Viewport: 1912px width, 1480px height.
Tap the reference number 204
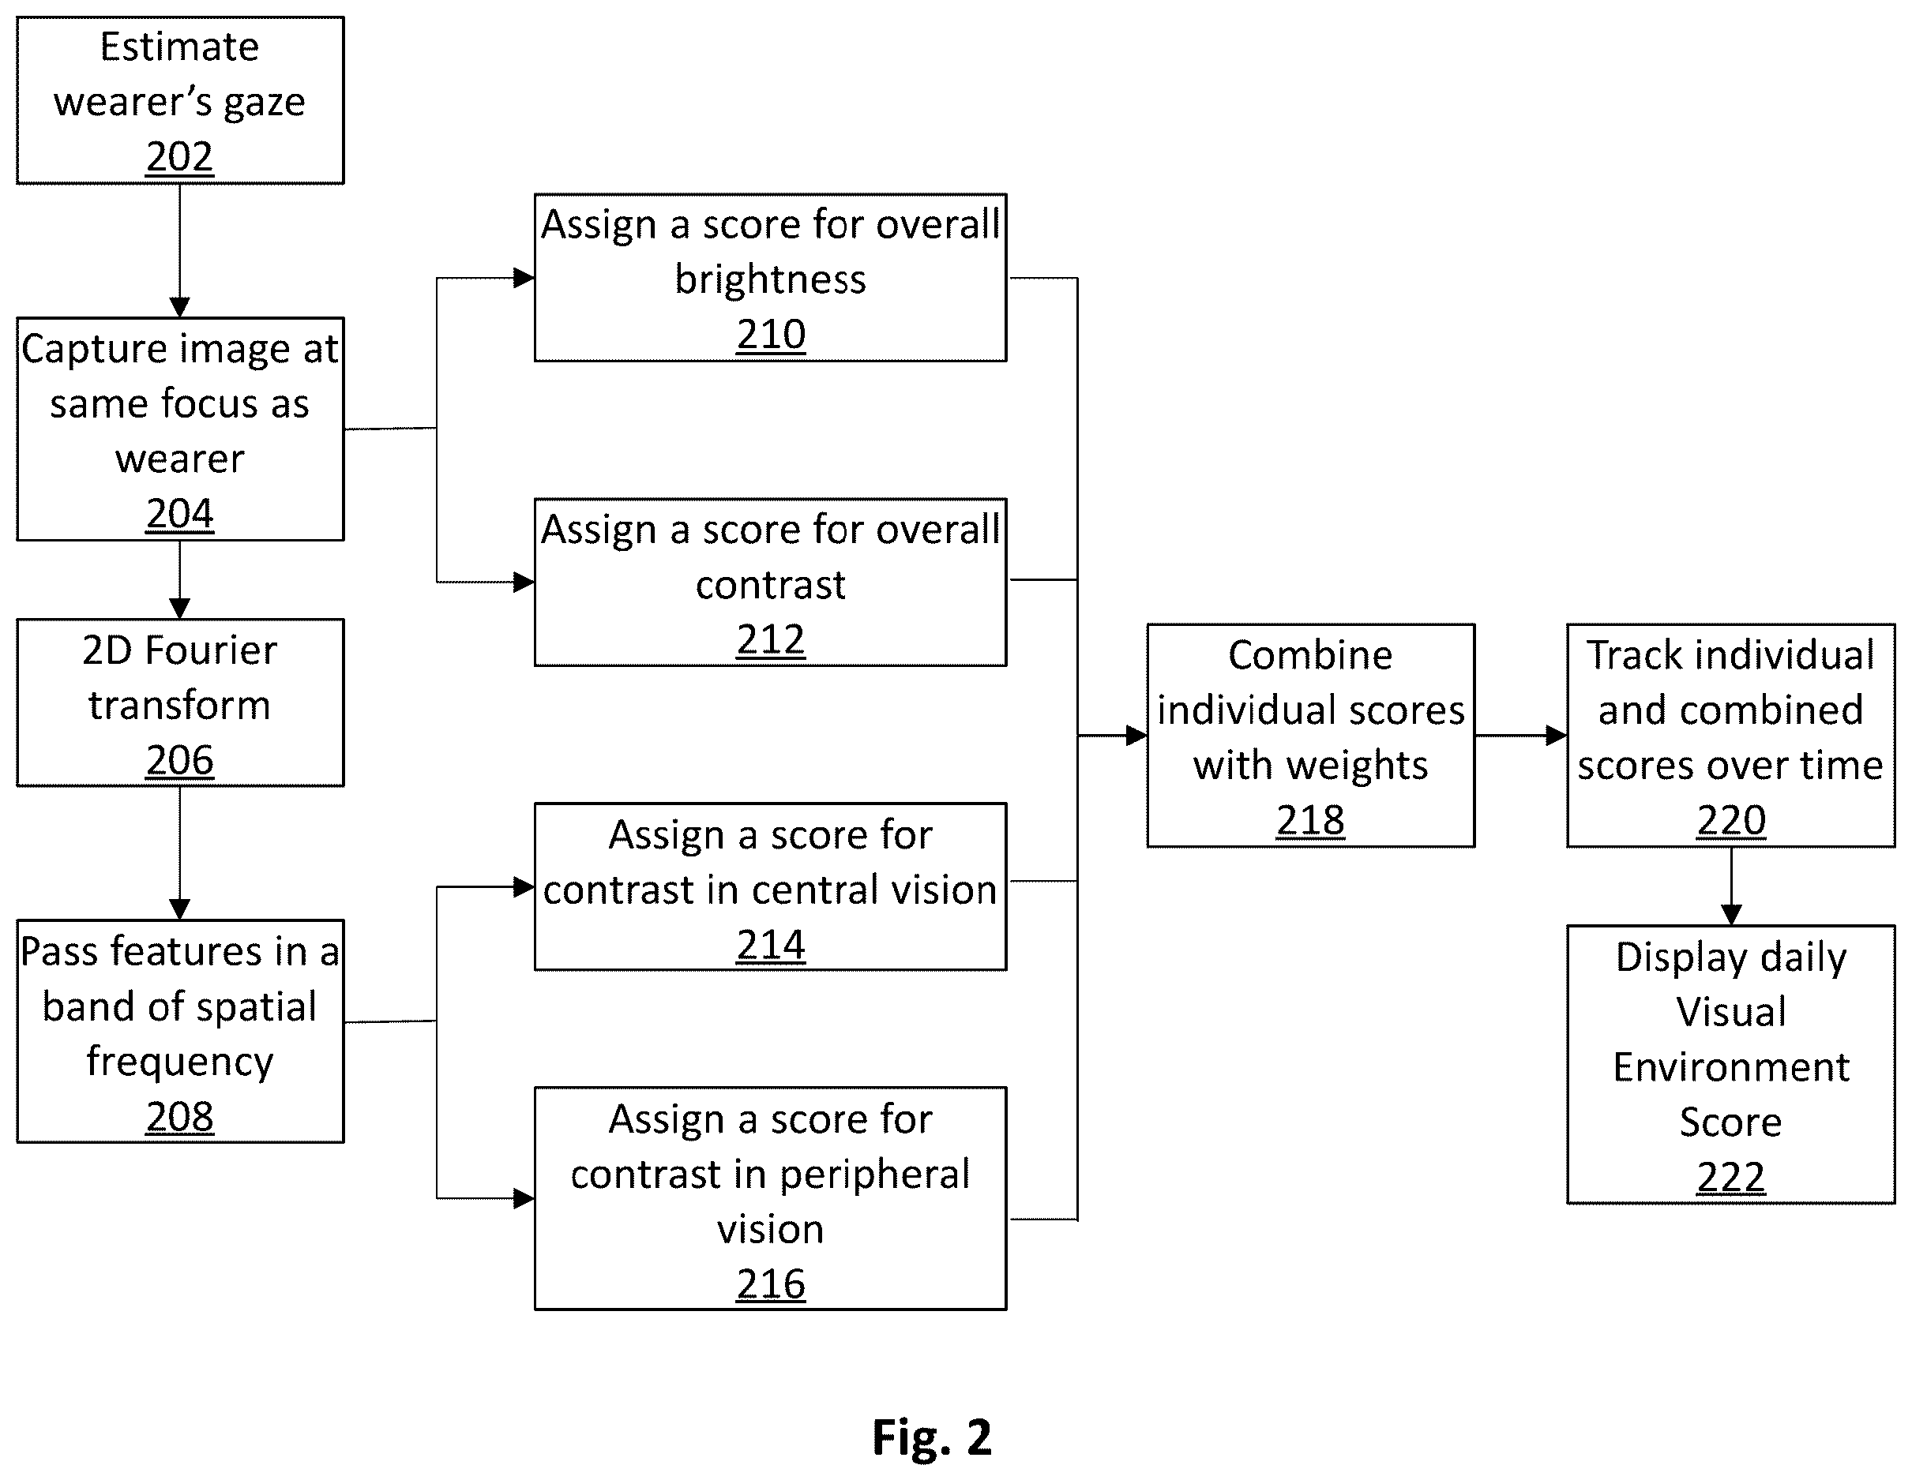pyautogui.click(x=179, y=513)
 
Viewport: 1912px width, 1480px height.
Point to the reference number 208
pyautogui.click(x=179, y=1117)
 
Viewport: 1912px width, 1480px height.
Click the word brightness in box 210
pyautogui.click(x=770, y=280)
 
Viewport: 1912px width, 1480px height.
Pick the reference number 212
pyautogui.click(x=770, y=640)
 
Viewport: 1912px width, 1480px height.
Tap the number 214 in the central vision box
pyautogui.click(x=770, y=946)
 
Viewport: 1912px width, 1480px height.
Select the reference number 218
pyautogui.click(x=1310, y=821)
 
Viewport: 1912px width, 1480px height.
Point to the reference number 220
pyautogui.click(x=1731, y=821)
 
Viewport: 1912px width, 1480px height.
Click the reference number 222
pyautogui.click(x=1731, y=1177)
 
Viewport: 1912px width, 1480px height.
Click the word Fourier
pyautogui.click(x=211, y=651)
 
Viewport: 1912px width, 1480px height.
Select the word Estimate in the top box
pyautogui.click(x=179, y=47)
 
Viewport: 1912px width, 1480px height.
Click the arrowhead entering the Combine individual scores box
pyautogui.click(x=1136, y=735)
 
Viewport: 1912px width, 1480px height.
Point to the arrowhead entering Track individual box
pyautogui.click(x=1557, y=735)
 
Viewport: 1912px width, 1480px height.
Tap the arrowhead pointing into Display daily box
pyautogui.click(x=1731, y=915)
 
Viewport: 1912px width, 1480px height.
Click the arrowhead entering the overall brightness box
pyautogui.click(x=524, y=279)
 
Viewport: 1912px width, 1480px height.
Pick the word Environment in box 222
pyautogui.click(x=1731, y=1068)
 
